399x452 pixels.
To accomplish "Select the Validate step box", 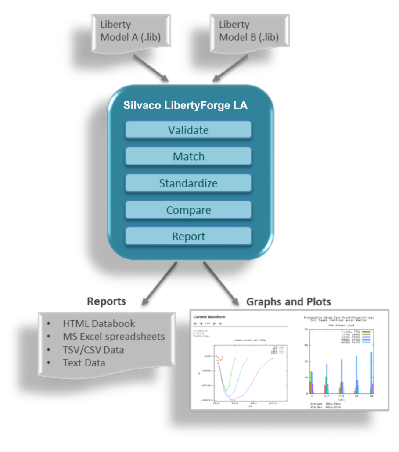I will tap(188, 130).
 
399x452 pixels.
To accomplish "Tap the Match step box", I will tap(188, 156).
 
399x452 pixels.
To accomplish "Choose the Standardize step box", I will tap(188, 183).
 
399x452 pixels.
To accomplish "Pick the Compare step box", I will tap(188, 210).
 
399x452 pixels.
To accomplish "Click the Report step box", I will tap(188, 236).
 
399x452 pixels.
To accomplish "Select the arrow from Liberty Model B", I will tap(224, 69).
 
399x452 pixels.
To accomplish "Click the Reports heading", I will tap(107, 301).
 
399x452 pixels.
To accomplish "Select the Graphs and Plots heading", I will tap(288, 302).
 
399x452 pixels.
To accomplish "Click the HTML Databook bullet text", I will tap(99, 323).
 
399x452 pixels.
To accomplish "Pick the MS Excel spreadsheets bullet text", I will tap(114, 337).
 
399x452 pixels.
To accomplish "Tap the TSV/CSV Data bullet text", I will tap(93, 350).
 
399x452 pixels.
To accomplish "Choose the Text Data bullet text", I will tap(84, 363).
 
